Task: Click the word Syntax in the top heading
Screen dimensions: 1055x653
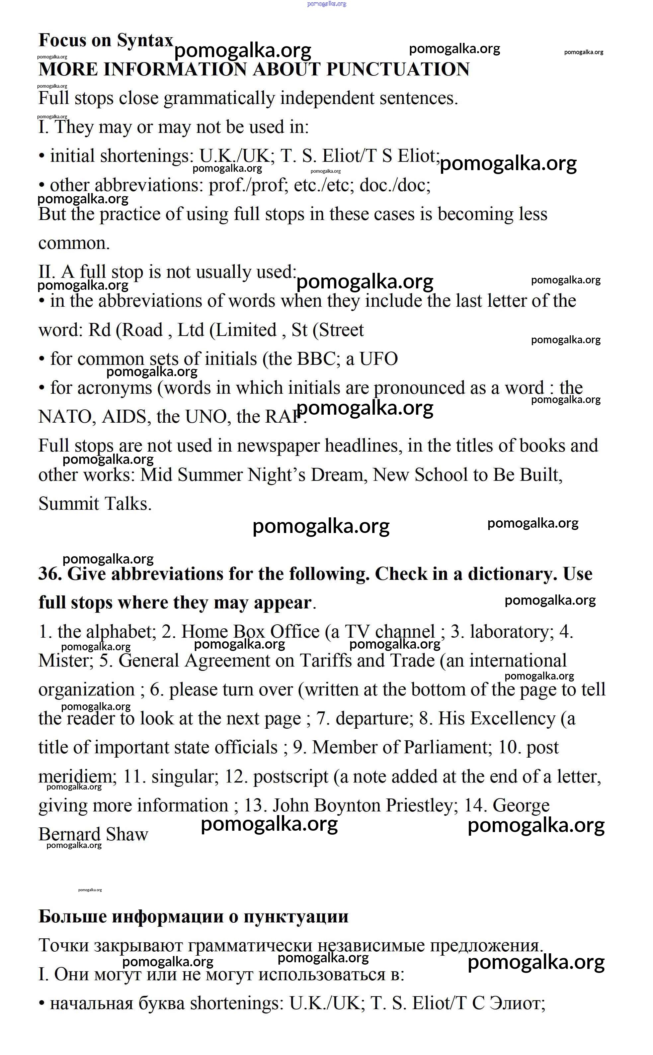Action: [x=145, y=41]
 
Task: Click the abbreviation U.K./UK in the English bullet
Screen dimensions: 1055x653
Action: [x=236, y=156]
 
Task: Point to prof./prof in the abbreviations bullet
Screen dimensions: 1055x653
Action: [x=248, y=185]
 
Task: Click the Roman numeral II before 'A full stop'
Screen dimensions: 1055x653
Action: [x=46, y=272]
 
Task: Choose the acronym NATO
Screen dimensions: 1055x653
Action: [x=67, y=417]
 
